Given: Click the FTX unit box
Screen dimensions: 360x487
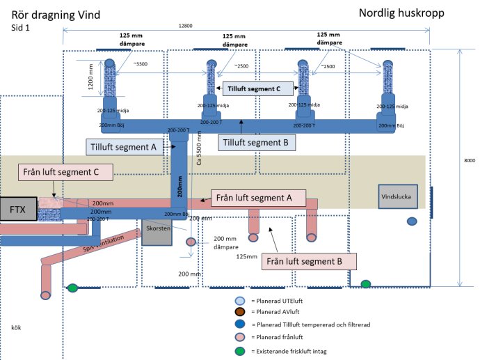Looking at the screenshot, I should click(x=18, y=209).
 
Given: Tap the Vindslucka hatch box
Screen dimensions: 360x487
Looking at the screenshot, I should click(x=397, y=196).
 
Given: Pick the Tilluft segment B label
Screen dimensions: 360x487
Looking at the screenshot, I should click(x=257, y=143).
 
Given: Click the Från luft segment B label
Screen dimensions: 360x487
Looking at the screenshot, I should click(x=309, y=261).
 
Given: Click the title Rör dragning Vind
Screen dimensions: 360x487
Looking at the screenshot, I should click(x=56, y=14).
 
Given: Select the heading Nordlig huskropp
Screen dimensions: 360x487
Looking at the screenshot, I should click(x=401, y=13).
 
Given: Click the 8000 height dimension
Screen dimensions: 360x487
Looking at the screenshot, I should click(x=469, y=161).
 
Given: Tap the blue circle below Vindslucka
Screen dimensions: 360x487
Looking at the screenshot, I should click(x=412, y=221).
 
